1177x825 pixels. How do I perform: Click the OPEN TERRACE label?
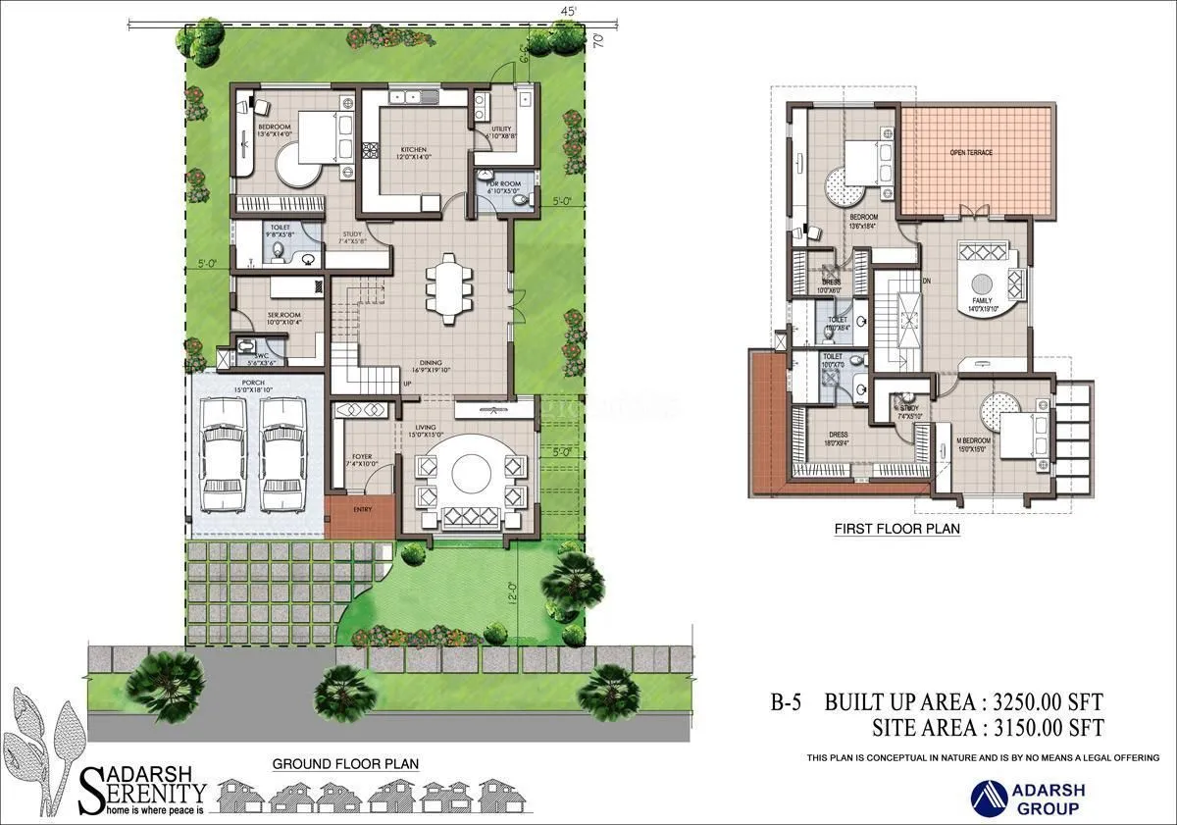tap(971, 153)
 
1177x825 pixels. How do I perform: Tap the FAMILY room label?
tap(982, 300)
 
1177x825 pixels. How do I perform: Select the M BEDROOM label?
tap(973, 440)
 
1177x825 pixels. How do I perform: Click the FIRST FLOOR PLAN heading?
tap(896, 528)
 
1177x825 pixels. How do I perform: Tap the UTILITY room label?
tap(501, 129)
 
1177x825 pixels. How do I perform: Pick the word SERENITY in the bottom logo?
tap(149, 792)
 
